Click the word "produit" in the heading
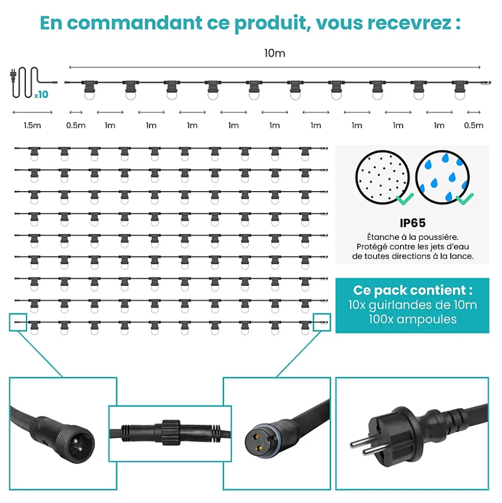273,23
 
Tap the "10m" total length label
275,53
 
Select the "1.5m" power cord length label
33,125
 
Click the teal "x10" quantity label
42,94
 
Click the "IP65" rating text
412,223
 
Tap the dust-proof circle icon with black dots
382,177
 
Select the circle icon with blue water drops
442,177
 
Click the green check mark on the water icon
465,198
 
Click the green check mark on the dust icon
405,198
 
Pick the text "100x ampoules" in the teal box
412,320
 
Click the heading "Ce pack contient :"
412,290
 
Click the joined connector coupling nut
171,433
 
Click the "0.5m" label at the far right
474,125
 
